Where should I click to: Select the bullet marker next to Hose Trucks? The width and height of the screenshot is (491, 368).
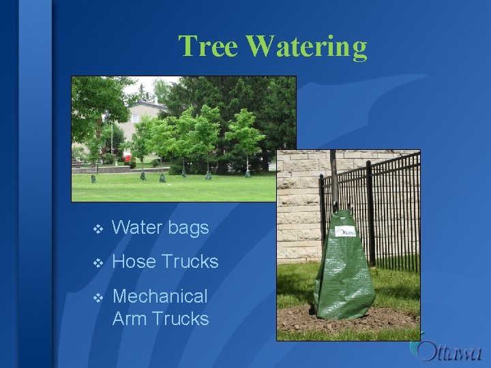tap(98, 262)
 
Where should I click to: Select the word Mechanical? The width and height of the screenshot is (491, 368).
tap(160, 296)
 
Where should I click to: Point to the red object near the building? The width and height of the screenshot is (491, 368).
tap(128, 158)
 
